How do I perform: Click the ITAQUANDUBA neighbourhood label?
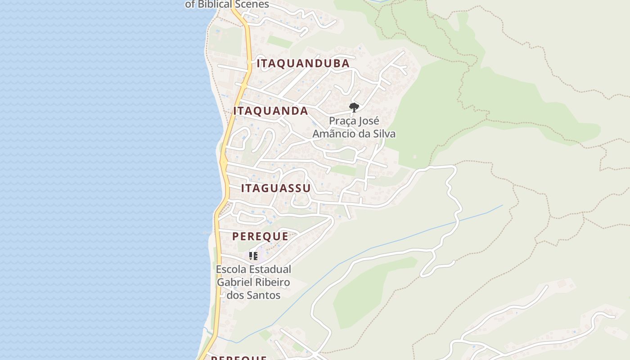click(303, 63)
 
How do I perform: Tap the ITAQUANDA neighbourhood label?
click(270, 111)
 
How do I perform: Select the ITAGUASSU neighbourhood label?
click(275, 188)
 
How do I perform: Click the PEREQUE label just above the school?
click(260, 236)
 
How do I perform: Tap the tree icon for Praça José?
click(354, 107)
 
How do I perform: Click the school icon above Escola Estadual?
click(253, 256)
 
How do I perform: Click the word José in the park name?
click(369, 121)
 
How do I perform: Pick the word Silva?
click(384, 134)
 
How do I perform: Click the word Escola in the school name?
click(231, 270)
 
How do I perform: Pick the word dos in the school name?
click(235, 295)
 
